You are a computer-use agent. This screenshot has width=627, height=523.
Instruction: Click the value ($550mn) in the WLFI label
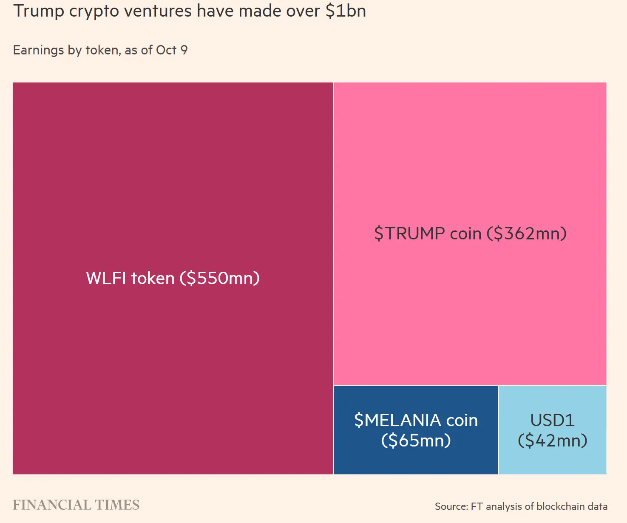[x=219, y=279]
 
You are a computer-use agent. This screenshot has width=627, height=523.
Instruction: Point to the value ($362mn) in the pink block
[x=527, y=234]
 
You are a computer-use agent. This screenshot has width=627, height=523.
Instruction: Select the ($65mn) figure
[x=416, y=441]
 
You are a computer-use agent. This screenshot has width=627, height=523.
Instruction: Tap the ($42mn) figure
[x=552, y=441]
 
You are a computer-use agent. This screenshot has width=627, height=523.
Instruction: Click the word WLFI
[x=106, y=279]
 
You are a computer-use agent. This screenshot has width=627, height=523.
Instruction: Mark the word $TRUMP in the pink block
[x=409, y=234]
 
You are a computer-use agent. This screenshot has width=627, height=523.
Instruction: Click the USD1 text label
[x=552, y=421]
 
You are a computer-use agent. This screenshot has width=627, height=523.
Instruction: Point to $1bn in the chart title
[x=346, y=11]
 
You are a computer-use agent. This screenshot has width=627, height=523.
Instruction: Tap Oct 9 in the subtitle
[x=172, y=50]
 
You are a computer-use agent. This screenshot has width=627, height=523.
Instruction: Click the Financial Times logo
[x=76, y=505]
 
